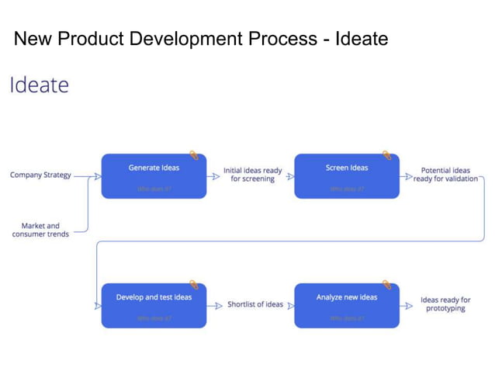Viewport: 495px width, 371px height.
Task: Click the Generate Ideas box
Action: pos(154,176)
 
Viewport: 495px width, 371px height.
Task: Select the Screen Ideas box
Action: pos(347,176)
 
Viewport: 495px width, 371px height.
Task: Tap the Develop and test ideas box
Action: pos(154,305)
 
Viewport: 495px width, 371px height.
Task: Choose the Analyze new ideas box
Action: pos(347,305)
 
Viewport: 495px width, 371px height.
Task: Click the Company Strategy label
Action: pos(40,175)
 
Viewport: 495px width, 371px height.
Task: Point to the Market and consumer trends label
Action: pos(40,230)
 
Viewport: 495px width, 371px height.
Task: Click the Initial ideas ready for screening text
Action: pos(253,175)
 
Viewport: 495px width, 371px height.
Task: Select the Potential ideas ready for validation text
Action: pos(445,175)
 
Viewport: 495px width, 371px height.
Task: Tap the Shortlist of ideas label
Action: pos(255,304)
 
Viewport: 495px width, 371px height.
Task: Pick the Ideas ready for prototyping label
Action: pos(445,304)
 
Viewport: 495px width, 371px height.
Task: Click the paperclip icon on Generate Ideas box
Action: pos(194,155)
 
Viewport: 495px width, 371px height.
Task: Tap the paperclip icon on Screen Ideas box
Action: pos(386,155)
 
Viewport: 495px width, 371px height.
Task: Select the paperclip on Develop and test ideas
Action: pos(194,285)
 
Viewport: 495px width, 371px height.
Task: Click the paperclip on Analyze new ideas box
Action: pos(386,285)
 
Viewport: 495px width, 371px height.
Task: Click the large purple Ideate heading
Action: pos(39,85)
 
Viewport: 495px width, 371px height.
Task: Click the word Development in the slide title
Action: pos(199,38)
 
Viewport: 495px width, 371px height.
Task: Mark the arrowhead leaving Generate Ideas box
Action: pos(215,176)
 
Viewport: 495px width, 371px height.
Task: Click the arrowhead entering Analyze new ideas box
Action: pos(290,306)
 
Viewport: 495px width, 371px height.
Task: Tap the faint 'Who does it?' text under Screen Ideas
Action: pos(347,189)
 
